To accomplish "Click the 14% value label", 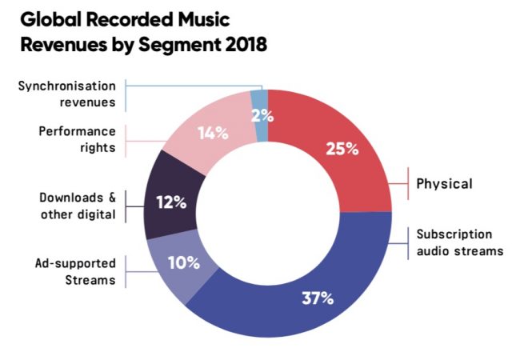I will (213, 133).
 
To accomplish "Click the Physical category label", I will (444, 183).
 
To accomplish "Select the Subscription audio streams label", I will (459, 242).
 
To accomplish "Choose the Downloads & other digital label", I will (78, 206).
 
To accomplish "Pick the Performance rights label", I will (78, 138).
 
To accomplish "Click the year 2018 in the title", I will (238, 45).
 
